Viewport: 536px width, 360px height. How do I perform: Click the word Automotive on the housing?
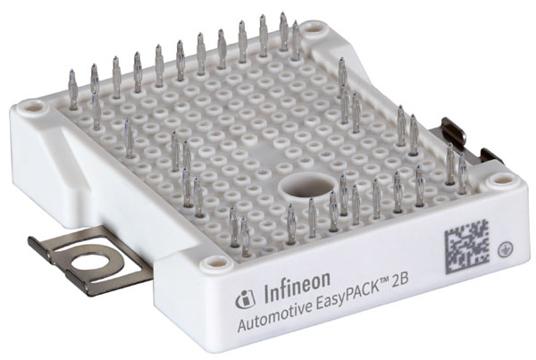(275, 314)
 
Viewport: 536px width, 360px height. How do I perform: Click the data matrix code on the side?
(467, 247)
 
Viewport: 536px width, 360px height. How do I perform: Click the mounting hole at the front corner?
(214, 263)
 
